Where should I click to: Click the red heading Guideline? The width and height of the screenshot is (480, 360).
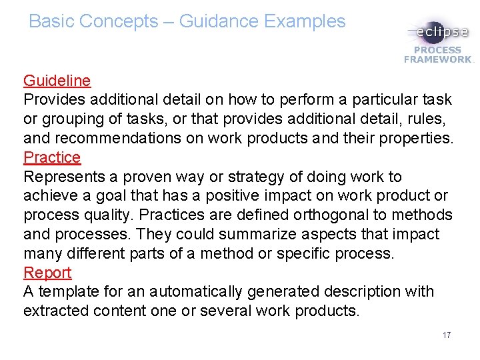point(57,81)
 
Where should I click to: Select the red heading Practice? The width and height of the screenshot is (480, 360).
point(52,158)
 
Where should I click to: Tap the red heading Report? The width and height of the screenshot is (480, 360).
point(47,273)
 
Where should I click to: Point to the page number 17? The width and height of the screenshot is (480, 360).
point(446,335)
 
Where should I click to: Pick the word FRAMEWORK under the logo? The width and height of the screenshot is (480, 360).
point(437,59)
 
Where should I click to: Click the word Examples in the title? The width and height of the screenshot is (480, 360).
point(305,21)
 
